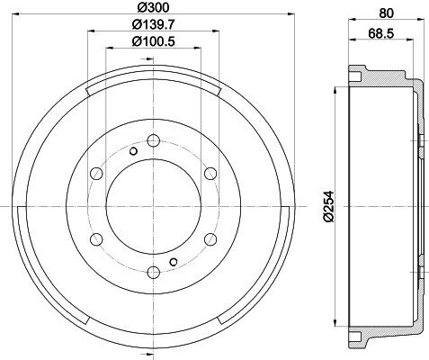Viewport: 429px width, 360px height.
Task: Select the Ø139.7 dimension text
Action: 154,24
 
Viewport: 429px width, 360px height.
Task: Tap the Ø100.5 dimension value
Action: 154,40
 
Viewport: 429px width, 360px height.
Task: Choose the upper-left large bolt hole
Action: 94,173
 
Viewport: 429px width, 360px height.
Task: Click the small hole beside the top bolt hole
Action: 132,150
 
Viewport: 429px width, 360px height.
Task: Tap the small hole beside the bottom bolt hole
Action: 173,262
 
